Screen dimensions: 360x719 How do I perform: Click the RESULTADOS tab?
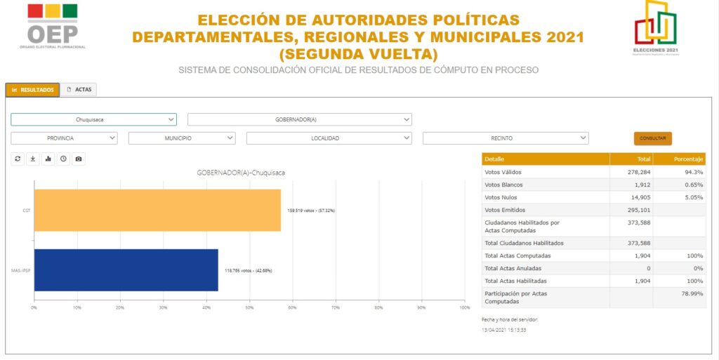[x=33, y=90]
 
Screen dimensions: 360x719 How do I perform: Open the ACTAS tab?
[x=79, y=90]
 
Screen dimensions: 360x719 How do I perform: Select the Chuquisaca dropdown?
[x=93, y=119]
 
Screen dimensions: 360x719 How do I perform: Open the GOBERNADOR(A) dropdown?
[x=299, y=119]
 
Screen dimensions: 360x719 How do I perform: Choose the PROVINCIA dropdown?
[x=64, y=138]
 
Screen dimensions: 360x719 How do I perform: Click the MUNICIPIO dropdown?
[x=181, y=138]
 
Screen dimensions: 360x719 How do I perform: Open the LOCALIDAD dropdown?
[x=329, y=138]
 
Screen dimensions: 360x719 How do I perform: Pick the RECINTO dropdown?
[x=505, y=138]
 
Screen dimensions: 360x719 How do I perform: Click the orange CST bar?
[x=157, y=210]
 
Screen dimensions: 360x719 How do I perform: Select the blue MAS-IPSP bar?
[x=126, y=270]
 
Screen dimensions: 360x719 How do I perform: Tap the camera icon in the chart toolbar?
[x=79, y=159]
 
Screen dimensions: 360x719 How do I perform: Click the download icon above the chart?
[x=33, y=159]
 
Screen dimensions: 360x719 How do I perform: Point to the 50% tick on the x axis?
[x=249, y=307]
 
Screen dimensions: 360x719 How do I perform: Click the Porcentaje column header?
[x=679, y=159]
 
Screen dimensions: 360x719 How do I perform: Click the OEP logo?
[x=53, y=27]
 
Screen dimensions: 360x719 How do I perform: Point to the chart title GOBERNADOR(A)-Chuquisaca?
[x=241, y=173]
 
